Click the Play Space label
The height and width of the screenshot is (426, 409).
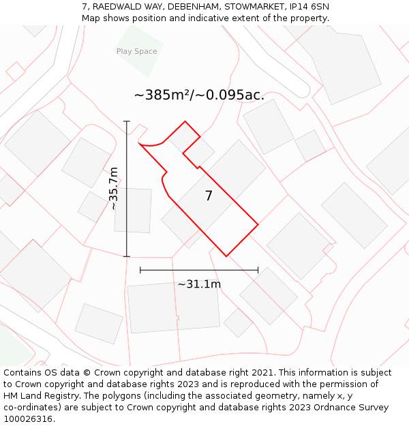[x=136, y=51]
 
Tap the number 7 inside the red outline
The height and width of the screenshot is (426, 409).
[x=209, y=196]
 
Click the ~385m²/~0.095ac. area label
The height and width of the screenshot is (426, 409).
[x=199, y=95]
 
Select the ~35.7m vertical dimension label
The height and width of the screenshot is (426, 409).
[x=114, y=189]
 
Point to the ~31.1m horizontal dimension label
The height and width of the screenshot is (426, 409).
[x=199, y=284]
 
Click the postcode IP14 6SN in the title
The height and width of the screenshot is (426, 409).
[x=309, y=7]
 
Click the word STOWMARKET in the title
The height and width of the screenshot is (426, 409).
[x=252, y=7]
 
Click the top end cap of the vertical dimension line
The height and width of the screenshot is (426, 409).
[x=127, y=121]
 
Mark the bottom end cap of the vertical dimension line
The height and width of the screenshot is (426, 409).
[x=127, y=256]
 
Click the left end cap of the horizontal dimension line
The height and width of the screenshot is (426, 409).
[x=140, y=270]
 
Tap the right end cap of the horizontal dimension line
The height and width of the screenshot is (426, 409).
[x=258, y=270]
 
